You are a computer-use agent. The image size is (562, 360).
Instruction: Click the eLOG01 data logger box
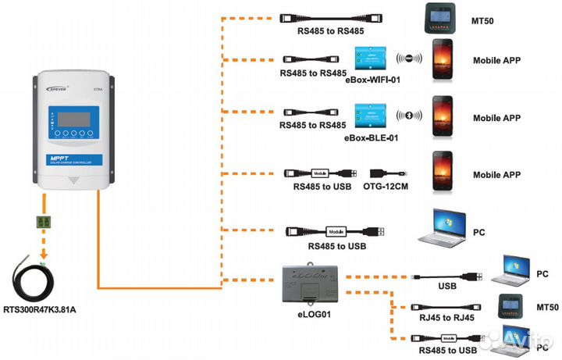click(309, 286)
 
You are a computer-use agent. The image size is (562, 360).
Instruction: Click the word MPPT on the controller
click(60, 159)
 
